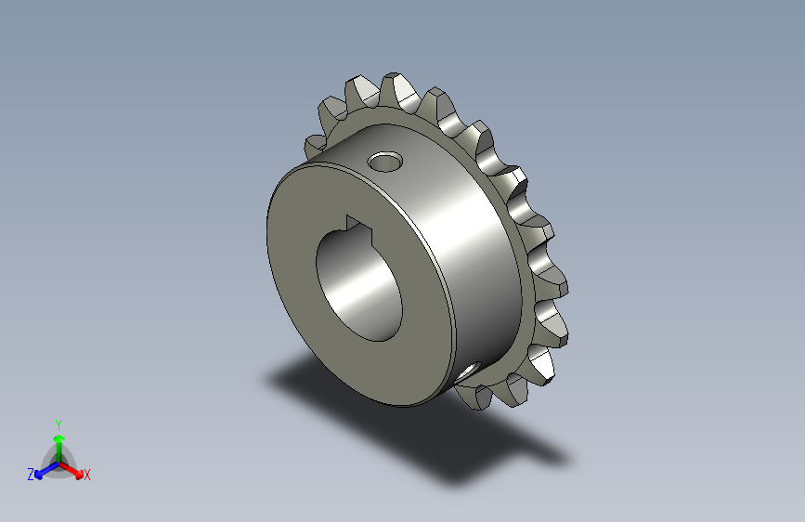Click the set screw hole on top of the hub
pos(384,163)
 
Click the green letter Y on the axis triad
pos(58,424)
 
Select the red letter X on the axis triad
pos(87,475)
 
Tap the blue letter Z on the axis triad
pos(31,474)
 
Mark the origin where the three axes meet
pos(58,462)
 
